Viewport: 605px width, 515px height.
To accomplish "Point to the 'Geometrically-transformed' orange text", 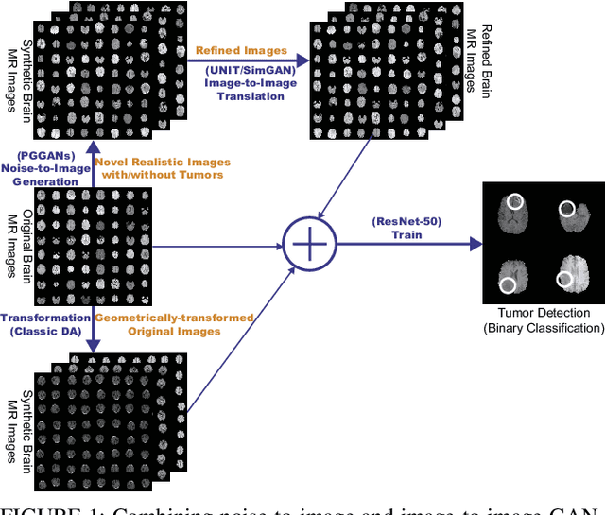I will [176, 318].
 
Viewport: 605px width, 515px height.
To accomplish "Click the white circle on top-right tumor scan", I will [569, 209].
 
